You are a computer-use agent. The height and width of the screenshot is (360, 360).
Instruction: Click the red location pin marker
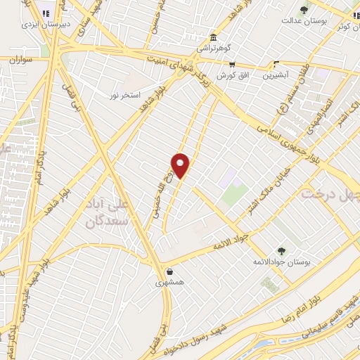[x=181, y=165]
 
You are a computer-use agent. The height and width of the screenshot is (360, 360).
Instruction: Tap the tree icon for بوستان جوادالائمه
[x=281, y=250]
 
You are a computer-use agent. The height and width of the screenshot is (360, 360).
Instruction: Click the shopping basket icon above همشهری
[x=169, y=272]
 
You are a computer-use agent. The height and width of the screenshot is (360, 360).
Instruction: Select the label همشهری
[x=169, y=283]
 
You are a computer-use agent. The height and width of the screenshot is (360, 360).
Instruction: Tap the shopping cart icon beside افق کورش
[x=232, y=64]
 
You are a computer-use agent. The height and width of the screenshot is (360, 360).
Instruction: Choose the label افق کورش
[x=231, y=75]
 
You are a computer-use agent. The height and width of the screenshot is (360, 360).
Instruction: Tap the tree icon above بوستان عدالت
[x=304, y=9]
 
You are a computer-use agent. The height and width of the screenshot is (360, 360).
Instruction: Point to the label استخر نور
[x=126, y=94]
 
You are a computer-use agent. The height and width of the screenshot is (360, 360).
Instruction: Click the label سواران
[x=22, y=60]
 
